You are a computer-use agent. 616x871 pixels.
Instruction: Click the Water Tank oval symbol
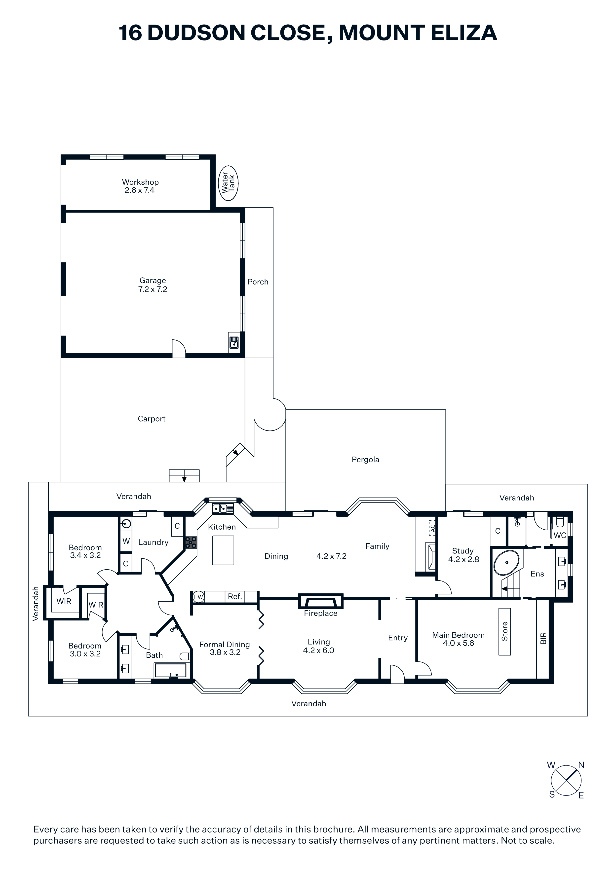pyautogui.click(x=229, y=183)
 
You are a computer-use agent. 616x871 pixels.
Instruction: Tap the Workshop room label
pyautogui.click(x=140, y=182)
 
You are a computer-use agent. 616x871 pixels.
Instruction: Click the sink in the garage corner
pyautogui.click(x=234, y=343)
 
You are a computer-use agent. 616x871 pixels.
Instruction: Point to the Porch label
pyautogui.click(x=258, y=282)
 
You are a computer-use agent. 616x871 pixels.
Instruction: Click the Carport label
pyautogui.click(x=152, y=419)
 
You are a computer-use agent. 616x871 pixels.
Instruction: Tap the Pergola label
pyautogui.click(x=365, y=460)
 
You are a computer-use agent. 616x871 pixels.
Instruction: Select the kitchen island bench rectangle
pyautogui.click(x=223, y=550)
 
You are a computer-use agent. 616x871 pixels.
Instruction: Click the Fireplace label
pyautogui.click(x=320, y=614)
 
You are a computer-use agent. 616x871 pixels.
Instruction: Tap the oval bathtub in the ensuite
pyautogui.click(x=506, y=563)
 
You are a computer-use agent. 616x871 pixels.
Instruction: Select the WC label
pyautogui.click(x=560, y=535)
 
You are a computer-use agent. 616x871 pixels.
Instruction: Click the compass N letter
pyautogui.click(x=581, y=765)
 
